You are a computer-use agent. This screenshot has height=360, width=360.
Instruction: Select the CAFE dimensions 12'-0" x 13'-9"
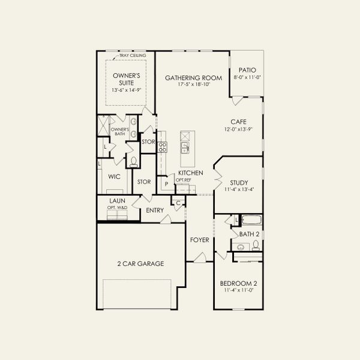click(238, 129)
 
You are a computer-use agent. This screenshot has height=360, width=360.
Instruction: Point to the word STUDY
click(238, 183)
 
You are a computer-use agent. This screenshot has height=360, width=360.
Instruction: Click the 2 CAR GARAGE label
click(140, 263)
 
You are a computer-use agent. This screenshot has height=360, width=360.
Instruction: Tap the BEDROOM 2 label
click(238, 283)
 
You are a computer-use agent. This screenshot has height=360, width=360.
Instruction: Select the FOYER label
click(200, 240)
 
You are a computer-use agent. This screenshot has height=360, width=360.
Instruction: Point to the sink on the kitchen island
click(185, 147)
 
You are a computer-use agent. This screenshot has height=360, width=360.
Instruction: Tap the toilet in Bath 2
click(256, 245)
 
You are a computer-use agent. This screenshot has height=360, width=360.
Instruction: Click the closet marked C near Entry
click(178, 203)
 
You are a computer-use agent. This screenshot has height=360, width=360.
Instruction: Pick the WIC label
click(115, 178)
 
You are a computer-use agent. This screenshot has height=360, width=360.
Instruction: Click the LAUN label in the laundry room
click(117, 201)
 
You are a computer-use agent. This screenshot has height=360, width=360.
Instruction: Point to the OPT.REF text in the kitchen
click(183, 180)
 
